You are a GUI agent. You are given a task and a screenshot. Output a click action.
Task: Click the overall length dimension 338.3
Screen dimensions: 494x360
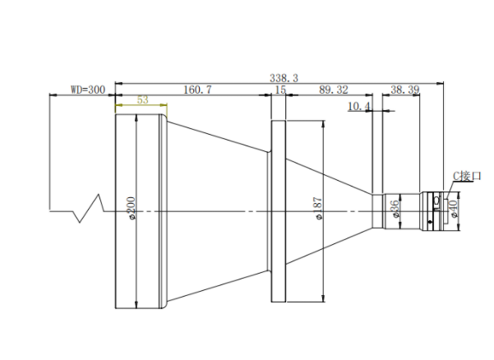(x=284, y=78)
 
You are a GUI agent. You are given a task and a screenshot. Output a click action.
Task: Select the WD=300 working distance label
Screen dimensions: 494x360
(x=88, y=90)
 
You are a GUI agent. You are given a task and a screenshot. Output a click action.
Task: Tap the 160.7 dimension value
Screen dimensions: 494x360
(x=197, y=90)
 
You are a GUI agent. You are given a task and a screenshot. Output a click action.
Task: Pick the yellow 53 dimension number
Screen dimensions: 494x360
(x=143, y=99)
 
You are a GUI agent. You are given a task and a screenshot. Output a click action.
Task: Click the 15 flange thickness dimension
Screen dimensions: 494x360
(x=280, y=90)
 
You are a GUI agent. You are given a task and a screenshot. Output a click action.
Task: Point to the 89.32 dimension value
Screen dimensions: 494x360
(x=334, y=90)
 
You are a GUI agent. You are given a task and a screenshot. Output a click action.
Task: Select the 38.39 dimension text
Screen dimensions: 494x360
(x=405, y=90)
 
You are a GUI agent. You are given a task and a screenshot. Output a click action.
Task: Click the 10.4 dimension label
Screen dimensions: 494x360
(x=359, y=107)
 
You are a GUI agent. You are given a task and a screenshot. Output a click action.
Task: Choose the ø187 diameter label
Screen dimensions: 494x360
(x=319, y=209)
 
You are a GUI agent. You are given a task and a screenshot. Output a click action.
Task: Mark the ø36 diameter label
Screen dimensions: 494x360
(x=395, y=209)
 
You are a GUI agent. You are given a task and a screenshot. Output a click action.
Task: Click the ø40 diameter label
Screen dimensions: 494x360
(x=454, y=209)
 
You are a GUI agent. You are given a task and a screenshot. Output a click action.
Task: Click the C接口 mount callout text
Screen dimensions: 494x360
(x=467, y=176)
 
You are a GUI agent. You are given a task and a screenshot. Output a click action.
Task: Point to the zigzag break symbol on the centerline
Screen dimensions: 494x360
(x=89, y=208)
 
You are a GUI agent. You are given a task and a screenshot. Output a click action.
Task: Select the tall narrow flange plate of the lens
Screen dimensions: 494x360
(x=279, y=211)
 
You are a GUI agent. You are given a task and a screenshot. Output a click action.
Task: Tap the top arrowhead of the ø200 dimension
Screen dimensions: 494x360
(x=136, y=118)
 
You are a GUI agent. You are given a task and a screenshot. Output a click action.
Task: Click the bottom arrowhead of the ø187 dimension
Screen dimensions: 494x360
(x=324, y=298)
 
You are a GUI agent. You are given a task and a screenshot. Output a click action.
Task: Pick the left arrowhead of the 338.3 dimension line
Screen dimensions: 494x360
(x=119, y=84)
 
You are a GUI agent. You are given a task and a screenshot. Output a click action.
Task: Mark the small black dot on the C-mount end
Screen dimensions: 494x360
(x=431, y=223)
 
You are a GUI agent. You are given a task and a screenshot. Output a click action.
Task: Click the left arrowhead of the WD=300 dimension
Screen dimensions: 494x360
(x=53, y=95)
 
